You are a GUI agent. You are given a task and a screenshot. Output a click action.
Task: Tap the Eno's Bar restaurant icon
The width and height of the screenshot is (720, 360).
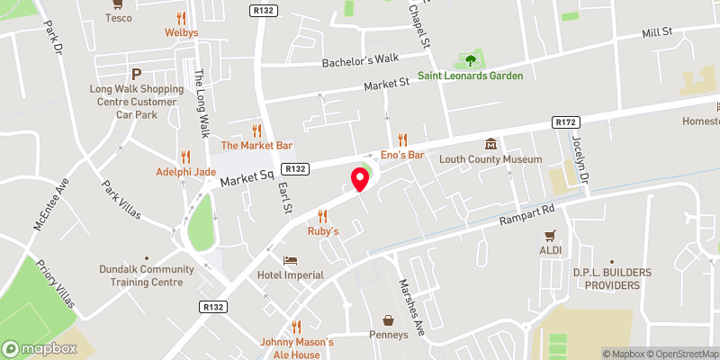[403, 139]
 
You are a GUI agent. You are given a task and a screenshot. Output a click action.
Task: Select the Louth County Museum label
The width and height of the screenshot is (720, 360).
[490, 159]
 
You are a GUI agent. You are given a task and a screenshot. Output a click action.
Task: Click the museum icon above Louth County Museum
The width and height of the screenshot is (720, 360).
[490, 144]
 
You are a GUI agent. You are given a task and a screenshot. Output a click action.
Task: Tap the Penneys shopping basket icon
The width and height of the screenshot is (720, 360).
[389, 320]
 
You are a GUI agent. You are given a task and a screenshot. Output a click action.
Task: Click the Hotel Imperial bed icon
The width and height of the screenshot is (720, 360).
[290, 260]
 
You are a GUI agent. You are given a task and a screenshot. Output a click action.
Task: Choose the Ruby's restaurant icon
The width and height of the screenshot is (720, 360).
[323, 216]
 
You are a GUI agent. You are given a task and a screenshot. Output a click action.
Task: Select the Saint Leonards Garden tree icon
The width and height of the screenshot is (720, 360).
[468, 61]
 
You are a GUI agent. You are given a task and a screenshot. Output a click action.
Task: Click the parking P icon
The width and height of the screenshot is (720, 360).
[137, 75]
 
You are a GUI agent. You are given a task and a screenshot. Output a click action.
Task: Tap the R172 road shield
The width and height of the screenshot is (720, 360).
[565, 122]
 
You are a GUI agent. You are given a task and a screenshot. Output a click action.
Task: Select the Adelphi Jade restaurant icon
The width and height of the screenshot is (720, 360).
[187, 156]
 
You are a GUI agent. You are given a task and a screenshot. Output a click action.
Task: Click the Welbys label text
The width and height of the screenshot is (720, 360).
[181, 33]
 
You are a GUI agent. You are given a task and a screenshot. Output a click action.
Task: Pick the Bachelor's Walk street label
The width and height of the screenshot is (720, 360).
[360, 61]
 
